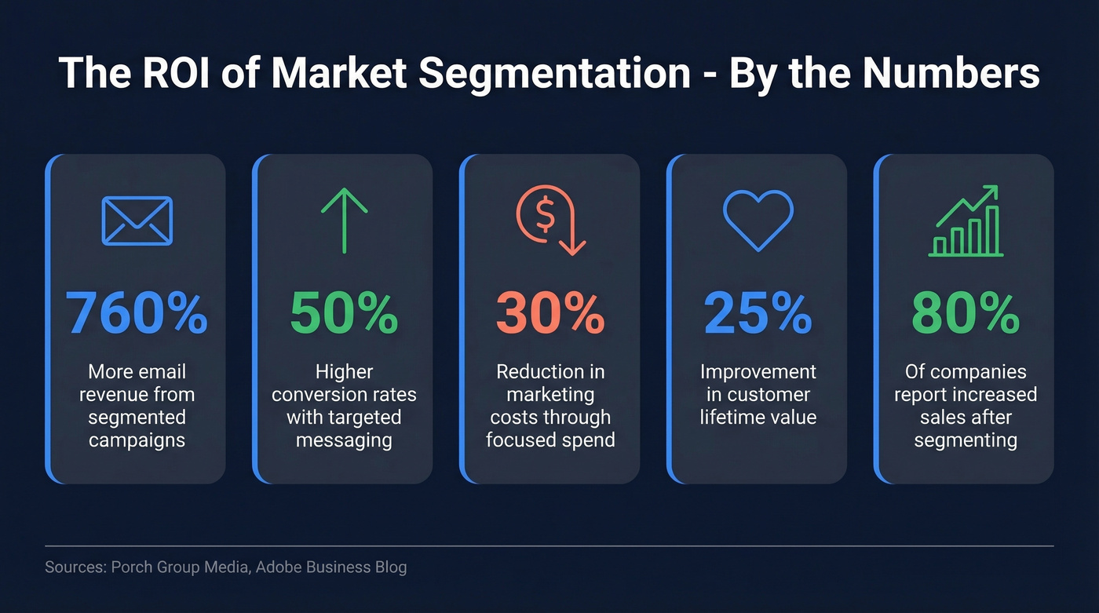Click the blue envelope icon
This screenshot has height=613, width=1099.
click(137, 221)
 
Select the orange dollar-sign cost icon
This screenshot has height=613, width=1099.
click(550, 220)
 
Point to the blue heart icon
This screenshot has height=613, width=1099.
click(758, 220)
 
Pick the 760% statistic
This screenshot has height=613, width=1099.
click(137, 312)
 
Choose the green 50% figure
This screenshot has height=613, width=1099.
click(344, 312)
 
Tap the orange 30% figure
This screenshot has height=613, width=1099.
click(550, 312)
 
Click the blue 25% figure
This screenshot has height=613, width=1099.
click(758, 312)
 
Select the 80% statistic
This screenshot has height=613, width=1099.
click(966, 312)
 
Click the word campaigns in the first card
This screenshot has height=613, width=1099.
click(137, 440)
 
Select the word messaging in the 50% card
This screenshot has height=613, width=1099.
click(344, 440)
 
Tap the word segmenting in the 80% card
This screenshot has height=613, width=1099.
click(966, 440)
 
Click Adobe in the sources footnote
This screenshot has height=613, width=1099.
click(279, 567)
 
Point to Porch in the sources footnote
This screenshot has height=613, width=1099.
click(132, 567)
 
